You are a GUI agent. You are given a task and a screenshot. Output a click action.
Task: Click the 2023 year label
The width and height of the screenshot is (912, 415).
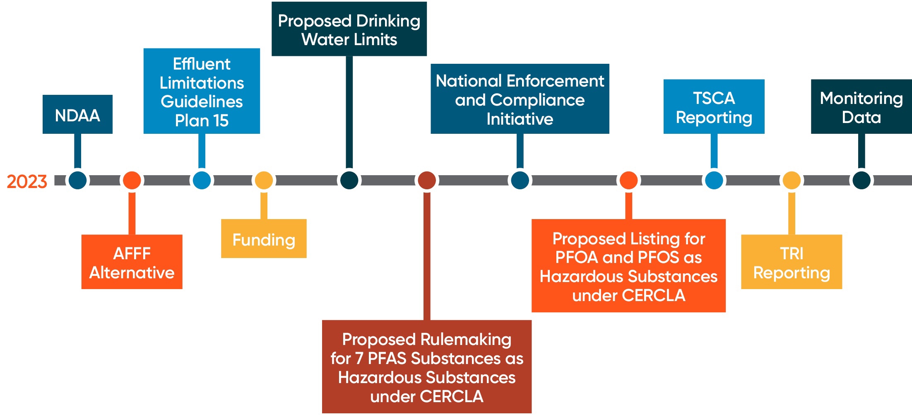click(x=27, y=182)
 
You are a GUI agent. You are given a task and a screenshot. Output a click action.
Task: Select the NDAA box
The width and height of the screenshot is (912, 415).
click(x=77, y=114)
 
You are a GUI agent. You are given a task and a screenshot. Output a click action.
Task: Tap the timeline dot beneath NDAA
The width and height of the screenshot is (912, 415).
click(x=77, y=180)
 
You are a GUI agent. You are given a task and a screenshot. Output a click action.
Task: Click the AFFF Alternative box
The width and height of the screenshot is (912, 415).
click(x=132, y=262)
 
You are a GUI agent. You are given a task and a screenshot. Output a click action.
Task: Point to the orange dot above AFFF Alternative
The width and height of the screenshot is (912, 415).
click(x=132, y=180)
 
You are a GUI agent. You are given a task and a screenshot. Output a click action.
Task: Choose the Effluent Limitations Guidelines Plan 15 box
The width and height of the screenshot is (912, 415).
click(x=202, y=91)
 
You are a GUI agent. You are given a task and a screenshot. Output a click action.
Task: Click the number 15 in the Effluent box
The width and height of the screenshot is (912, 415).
click(x=221, y=121)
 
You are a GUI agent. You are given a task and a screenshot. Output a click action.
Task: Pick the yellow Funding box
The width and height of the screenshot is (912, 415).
click(x=264, y=239)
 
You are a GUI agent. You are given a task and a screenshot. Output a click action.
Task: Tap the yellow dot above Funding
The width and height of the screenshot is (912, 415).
click(x=264, y=180)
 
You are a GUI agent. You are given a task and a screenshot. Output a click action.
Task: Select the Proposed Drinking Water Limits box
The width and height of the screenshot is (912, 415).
click(x=349, y=29)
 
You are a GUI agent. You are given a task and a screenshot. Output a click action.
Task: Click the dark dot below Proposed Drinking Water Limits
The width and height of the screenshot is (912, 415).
click(x=349, y=180)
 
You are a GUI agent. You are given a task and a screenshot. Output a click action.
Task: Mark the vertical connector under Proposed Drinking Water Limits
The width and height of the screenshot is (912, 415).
click(x=349, y=112)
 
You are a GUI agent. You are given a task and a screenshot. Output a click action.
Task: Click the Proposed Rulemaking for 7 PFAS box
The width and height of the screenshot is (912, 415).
click(x=427, y=367)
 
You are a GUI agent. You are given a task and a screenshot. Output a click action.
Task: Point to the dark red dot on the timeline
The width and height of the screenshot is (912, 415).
click(x=427, y=180)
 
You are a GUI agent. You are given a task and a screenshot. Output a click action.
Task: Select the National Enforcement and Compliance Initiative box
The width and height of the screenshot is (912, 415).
click(x=520, y=99)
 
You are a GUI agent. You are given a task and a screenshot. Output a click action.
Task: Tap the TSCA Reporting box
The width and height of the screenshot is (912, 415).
click(x=714, y=107)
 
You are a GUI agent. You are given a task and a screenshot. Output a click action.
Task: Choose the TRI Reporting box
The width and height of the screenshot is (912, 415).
click(x=792, y=262)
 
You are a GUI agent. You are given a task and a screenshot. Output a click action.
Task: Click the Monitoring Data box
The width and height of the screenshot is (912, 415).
click(x=861, y=107)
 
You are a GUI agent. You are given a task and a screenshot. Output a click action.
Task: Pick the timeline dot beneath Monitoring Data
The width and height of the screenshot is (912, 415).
click(x=861, y=180)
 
